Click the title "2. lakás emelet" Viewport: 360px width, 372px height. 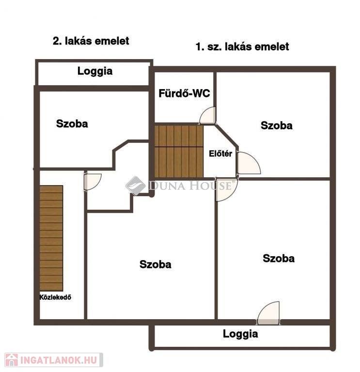[91, 41]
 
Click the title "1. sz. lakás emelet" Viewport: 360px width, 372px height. [242, 46]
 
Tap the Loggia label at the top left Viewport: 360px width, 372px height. [94, 71]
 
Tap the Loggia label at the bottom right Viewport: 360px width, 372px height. [240, 334]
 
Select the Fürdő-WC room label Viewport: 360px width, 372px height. [184, 93]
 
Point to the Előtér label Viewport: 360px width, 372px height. [220, 154]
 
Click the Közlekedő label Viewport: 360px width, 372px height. [55, 297]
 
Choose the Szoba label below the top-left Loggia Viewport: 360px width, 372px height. [72, 124]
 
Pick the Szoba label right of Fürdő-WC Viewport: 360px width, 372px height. [277, 125]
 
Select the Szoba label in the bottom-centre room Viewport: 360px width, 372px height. [155, 264]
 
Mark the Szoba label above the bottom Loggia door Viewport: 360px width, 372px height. [279, 258]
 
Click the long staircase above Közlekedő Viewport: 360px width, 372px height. [51, 238]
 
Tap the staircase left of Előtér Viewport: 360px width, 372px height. [179, 151]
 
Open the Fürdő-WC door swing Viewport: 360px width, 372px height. [208, 116]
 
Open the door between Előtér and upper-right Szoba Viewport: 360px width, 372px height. [249, 163]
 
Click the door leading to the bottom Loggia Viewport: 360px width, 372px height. [268, 313]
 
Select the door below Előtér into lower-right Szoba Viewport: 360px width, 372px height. [226, 189]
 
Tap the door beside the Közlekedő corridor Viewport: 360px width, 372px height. [93, 182]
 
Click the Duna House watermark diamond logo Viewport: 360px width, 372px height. [136, 186]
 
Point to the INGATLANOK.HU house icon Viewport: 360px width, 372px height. [12, 360]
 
